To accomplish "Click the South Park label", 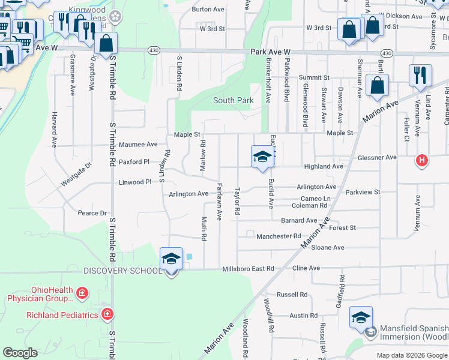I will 233,101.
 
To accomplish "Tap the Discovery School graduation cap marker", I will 172,260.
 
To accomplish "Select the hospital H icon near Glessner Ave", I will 422,160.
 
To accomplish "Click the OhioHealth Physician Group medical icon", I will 82,293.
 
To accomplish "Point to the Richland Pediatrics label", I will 62,314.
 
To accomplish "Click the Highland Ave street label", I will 324,166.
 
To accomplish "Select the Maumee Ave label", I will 138,145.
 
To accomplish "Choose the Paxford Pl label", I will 134,162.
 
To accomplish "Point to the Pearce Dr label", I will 92,213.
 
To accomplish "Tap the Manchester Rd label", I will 279,236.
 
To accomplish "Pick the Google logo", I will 20,353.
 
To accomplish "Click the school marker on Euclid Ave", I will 262,157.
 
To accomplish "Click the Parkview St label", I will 363,193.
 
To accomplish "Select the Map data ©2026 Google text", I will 411,355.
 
